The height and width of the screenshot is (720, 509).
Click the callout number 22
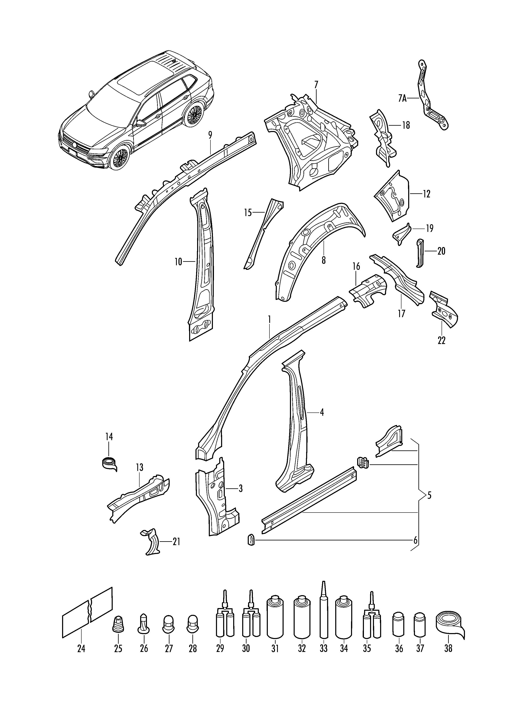coord(441,341)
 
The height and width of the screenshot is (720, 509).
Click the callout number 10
coord(178,262)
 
